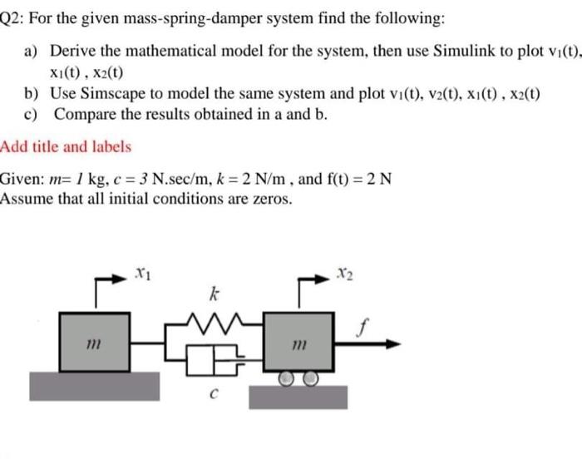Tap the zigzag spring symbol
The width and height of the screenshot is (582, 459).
(x=215, y=318)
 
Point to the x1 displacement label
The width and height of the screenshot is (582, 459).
(x=142, y=272)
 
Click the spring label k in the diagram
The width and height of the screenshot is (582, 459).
(x=214, y=293)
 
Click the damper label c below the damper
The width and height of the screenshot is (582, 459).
(x=215, y=395)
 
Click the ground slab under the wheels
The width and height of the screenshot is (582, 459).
(x=299, y=397)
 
